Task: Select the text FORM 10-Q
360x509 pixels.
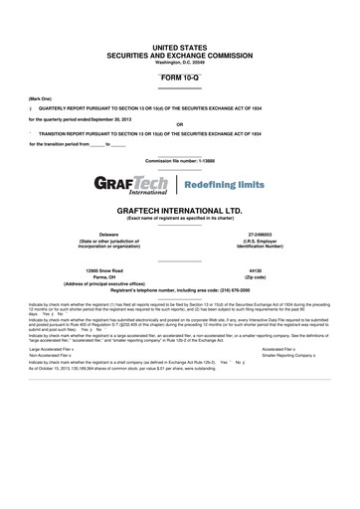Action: click(x=180, y=76)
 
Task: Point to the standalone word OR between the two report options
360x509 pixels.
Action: click(x=180, y=124)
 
